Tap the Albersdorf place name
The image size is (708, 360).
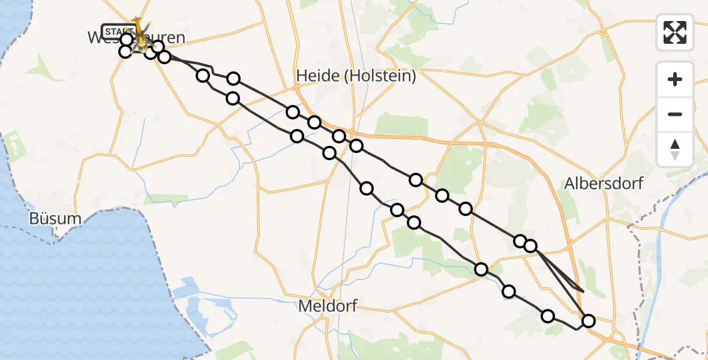pos(604,183)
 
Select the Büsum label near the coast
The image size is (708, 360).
pos(56,218)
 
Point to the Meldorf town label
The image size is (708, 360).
pos(327,307)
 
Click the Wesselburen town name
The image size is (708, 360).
pos(136,38)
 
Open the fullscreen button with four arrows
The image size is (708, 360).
pos(675,32)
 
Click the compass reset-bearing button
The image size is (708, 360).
pos(675,149)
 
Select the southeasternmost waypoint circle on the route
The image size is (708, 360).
pos(588,321)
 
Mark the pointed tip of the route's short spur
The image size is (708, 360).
pos(583,290)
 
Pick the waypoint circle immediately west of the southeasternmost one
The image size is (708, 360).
pos(548,316)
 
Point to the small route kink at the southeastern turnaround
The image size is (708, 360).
pos(577,329)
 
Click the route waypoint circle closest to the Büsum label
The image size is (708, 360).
pos(125,52)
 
